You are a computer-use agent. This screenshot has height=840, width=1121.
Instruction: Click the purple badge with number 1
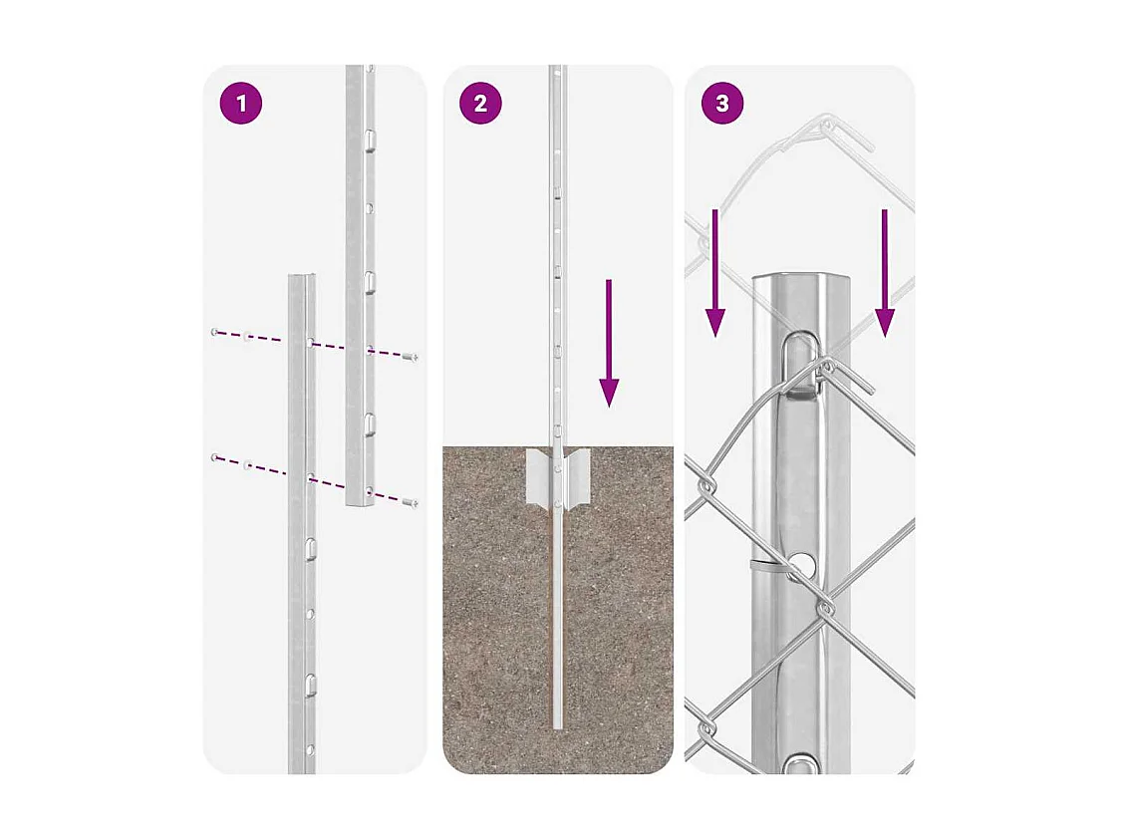pos(240,104)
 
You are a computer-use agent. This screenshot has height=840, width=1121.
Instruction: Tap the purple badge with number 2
pos(480,104)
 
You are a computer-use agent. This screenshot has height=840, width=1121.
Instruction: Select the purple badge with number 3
pos(722,104)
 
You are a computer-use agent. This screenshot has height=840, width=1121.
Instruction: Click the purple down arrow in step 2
pos(609,343)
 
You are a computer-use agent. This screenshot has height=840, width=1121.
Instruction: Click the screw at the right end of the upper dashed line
pos(411,356)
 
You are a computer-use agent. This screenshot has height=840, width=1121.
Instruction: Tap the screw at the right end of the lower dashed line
pos(410,503)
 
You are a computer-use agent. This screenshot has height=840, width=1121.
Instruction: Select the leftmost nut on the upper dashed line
pos(214,331)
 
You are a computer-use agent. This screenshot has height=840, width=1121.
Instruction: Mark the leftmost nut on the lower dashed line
pos(214,457)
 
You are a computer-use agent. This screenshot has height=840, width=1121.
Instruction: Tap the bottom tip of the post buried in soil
pos(558,724)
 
